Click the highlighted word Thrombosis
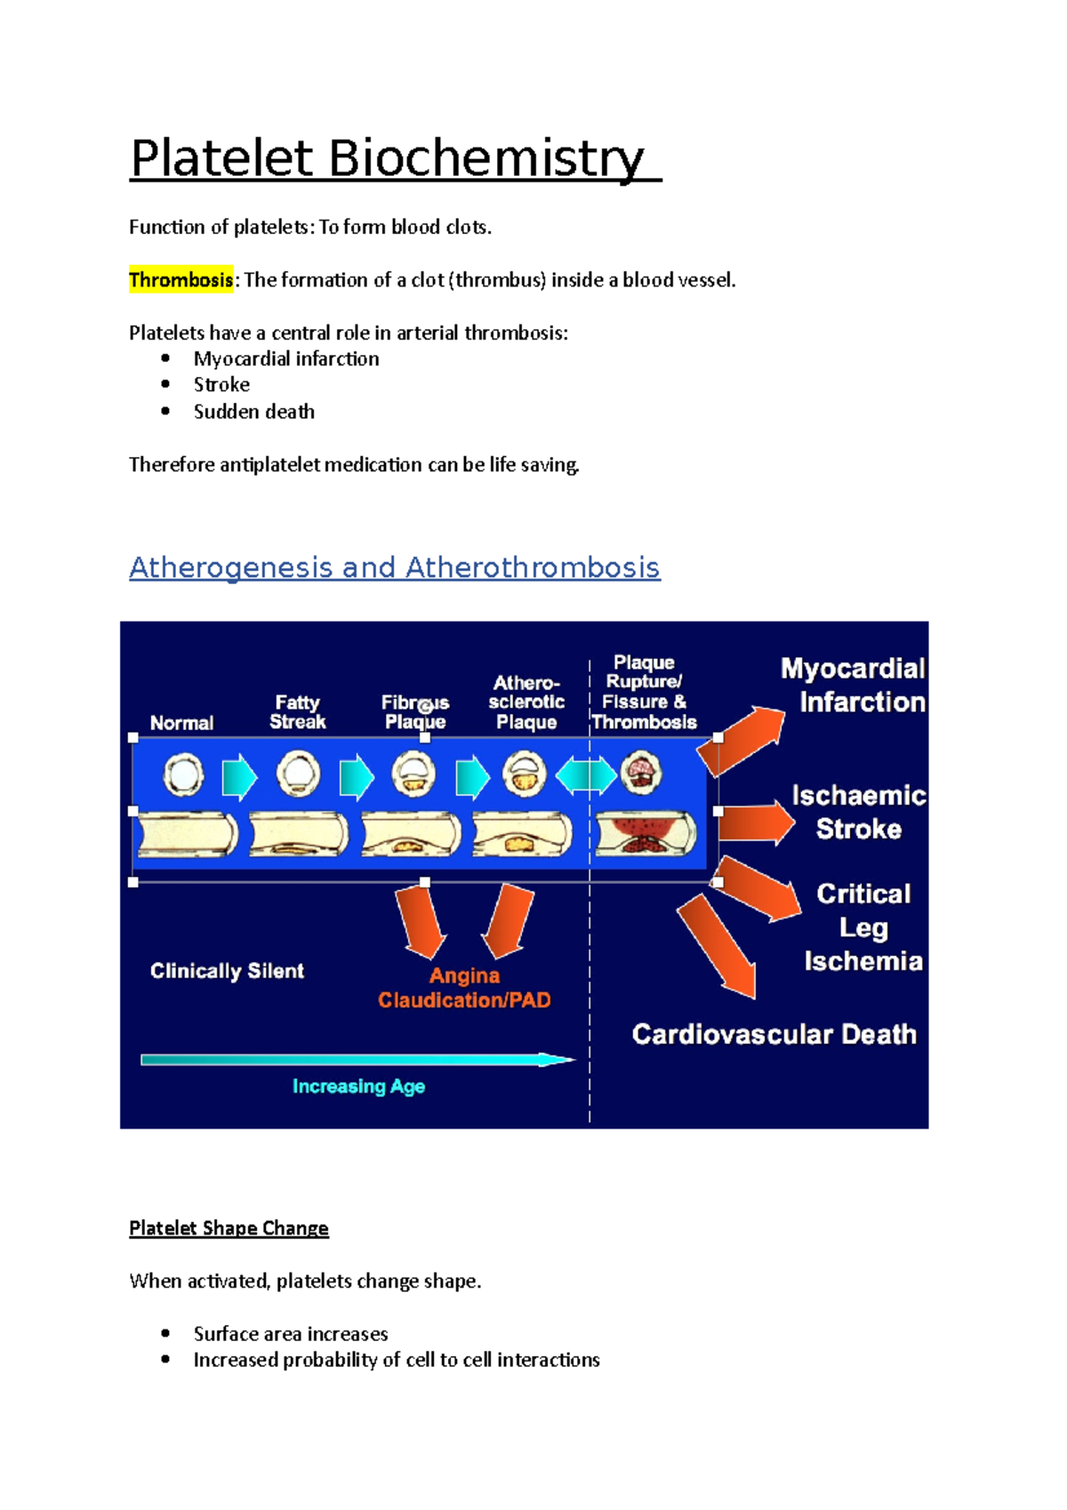pyautogui.click(x=181, y=280)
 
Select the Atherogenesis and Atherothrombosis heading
pyautogui.click(x=394, y=567)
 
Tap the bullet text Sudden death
pyautogui.click(x=253, y=412)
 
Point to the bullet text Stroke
pyautogui.click(x=221, y=385)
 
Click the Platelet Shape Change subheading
pyautogui.click(x=229, y=1228)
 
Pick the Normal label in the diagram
pyautogui.click(x=181, y=723)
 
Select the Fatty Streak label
pyautogui.click(x=297, y=712)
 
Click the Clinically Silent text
pyautogui.click(x=227, y=971)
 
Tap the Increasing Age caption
pyautogui.click(x=358, y=1087)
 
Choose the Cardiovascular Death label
pyautogui.click(x=774, y=1034)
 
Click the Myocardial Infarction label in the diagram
pyautogui.click(x=854, y=685)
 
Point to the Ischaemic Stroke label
pyautogui.click(x=858, y=812)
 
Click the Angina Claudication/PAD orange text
pyautogui.click(x=464, y=988)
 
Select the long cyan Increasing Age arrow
pyautogui.click(x=356, y=1059)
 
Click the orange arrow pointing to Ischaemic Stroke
pyautogui.click(x=756, y=823)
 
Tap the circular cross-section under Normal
pyautogui.click(x=183, y=775)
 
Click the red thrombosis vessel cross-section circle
pyautogui.click(x=640, y=772)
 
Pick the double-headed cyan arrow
pyautogui.click(x=586, y=775)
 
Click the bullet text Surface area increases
pyautogui.click(x=291, y=1334)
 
